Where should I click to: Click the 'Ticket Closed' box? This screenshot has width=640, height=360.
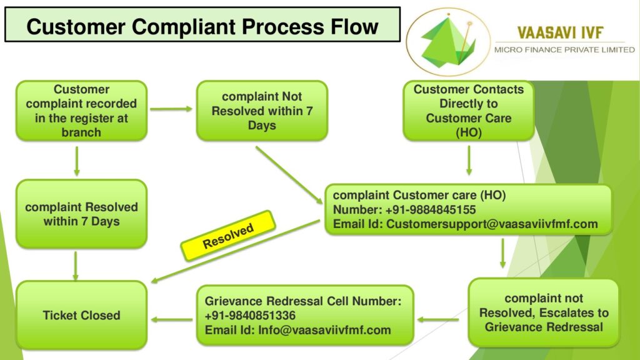pyautogui.click(x=82, y=315)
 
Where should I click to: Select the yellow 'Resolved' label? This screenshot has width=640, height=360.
pyautogui.click(x=228, y=236)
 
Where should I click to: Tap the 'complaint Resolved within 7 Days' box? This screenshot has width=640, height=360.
pyautogui.click(x=82, y=214)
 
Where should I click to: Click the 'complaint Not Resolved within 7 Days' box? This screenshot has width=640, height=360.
pyautogui.click(x=262, y=111)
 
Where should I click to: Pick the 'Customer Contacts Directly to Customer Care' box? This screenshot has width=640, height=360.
pyautogui.click(x=469, y=111)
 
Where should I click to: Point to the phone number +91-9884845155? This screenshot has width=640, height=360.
pyautogui.click(x=431, y=210)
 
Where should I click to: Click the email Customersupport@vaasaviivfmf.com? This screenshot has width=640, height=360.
pyautogui.click(x=492, y=224)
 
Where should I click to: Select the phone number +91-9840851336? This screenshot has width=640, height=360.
pyautogui.click(x=250, y=316)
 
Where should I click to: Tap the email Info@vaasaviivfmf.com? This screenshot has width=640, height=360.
pyautogui.click(x=324, y=330)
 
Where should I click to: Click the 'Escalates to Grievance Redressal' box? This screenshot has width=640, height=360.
pyautogui.click(x=544, y=312)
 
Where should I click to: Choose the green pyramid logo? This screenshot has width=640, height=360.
pyautogui.click(x=448, y=42)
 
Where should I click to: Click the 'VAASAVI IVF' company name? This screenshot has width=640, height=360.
pyautogui.click(x=560, y=32)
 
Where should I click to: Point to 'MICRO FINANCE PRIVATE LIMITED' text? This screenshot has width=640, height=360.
pyautogui.click(x=564, y=50)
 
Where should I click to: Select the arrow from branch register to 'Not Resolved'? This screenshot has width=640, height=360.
pyautogui.click(x=171, y=109)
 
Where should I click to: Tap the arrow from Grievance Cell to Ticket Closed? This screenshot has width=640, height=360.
pyautogui.click(x=171, y=319)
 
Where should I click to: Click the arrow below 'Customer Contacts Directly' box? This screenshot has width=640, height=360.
pyautogui.click(x=469, y=161)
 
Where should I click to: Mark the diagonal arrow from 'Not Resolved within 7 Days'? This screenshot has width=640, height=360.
pyautogui.click(x=289, y=175)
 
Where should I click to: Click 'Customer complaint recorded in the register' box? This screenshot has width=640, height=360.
pyautogui.click(x=82, y=111)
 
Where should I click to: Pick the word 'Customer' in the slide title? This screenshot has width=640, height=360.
pyautogui.click(x=76, y=26)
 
